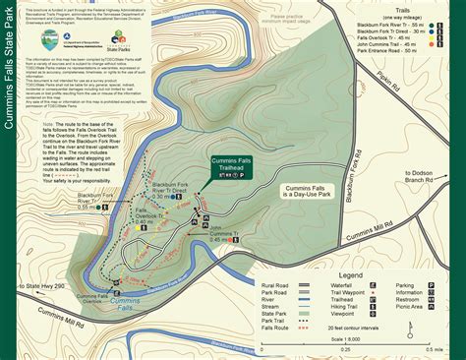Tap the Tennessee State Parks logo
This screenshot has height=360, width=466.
pos(119,37)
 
